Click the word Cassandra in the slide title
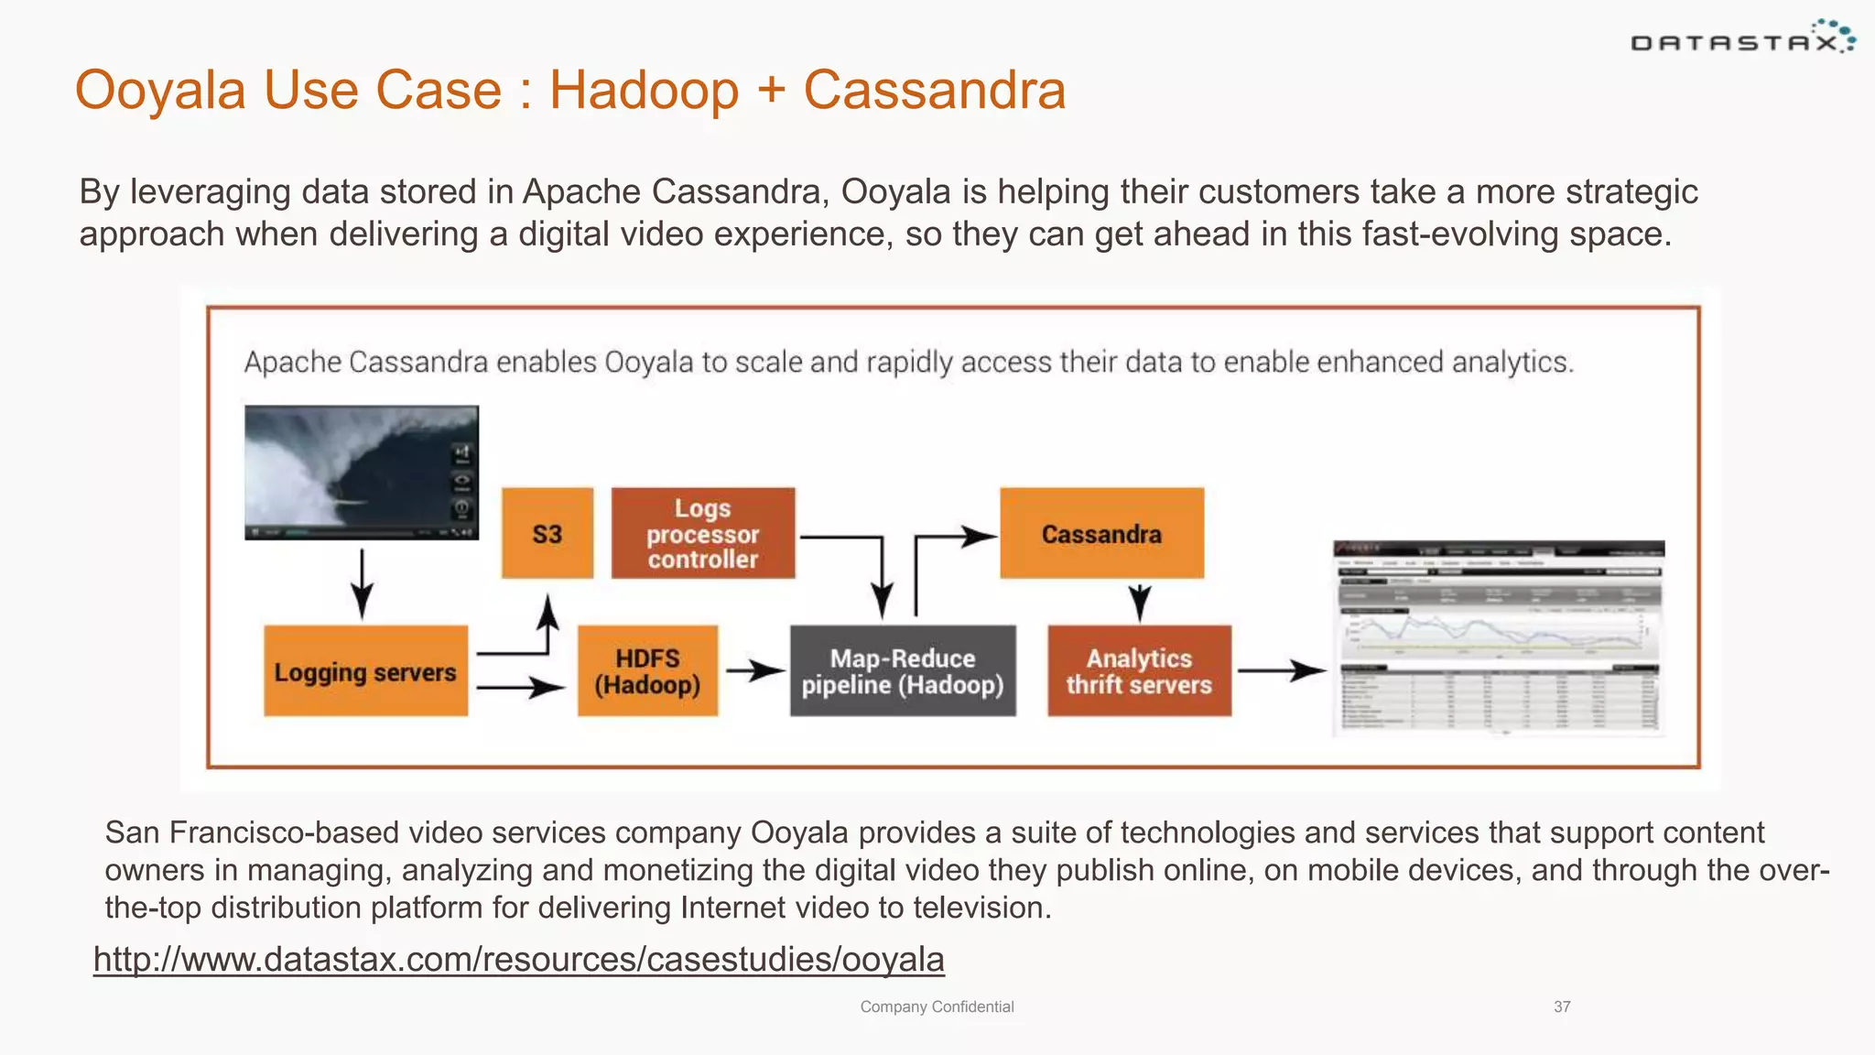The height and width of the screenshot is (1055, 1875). [934, 90]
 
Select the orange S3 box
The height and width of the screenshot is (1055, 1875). [547, 533]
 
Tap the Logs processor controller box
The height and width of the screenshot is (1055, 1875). [703, 533]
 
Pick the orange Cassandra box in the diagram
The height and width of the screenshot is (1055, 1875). [1101, 533]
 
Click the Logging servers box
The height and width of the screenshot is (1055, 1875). [365, 671]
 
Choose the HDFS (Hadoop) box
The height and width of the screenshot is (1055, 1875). [647, 671]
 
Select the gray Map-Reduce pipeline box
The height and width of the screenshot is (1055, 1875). [903, 671]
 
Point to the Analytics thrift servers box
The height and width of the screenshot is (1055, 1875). [1139, 671]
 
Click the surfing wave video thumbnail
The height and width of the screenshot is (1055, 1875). [362, 473]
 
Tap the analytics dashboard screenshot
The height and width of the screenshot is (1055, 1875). [1498, 637]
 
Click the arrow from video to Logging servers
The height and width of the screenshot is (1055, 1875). [363, 584]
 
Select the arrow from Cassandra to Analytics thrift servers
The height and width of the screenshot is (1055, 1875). [1140, 603]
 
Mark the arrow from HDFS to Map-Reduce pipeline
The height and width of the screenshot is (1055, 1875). [754, 671]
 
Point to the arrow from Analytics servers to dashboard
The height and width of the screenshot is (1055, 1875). [1281, 671]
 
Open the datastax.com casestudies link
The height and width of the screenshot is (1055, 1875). [518, 959]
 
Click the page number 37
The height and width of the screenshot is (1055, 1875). [1562, 1006]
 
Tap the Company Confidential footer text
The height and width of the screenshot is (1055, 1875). [937, 1006]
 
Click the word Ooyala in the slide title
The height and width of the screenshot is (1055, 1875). [160, 90]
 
